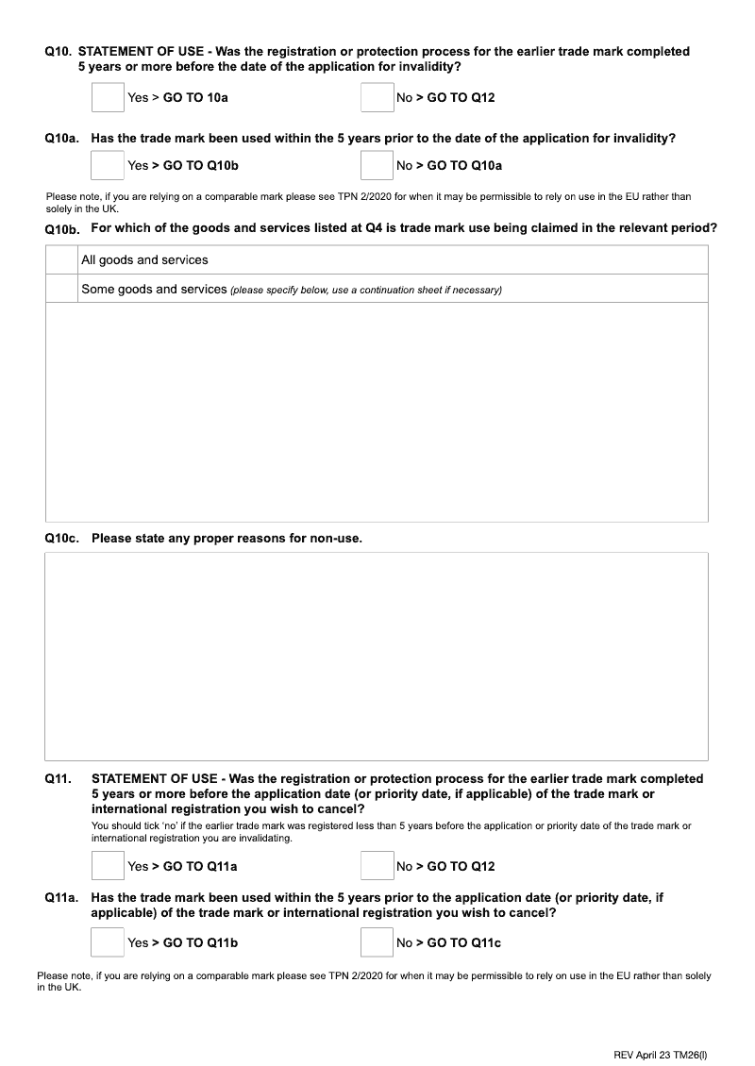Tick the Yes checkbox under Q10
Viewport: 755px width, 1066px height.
click(x=108, y=97)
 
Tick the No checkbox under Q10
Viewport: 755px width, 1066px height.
click(x=377, y=97)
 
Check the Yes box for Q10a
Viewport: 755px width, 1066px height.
click(x=108, y=165)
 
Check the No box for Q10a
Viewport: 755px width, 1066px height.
click(x=377, y=165)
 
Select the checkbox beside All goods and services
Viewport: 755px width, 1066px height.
click(x=62, y=260)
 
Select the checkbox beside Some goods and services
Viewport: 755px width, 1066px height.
click(x=62, y=289)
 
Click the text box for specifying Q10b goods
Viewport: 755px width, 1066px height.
click(x=377, y=411)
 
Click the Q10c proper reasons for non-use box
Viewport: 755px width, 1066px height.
click(x=377, y=656)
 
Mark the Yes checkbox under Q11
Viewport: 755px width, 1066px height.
click(x=108, y=866)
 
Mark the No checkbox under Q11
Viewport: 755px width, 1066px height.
click(x=377, y=866)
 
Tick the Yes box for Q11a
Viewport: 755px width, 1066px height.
click(x=108, y=942)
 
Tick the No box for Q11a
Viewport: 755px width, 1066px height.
click(x=377, y=942)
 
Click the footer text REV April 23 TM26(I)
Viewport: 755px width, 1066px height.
click(x=663, y=1028)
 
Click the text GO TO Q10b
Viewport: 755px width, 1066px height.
click(x=201, y=165)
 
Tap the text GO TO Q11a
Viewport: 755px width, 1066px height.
click(x=200, y=866)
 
